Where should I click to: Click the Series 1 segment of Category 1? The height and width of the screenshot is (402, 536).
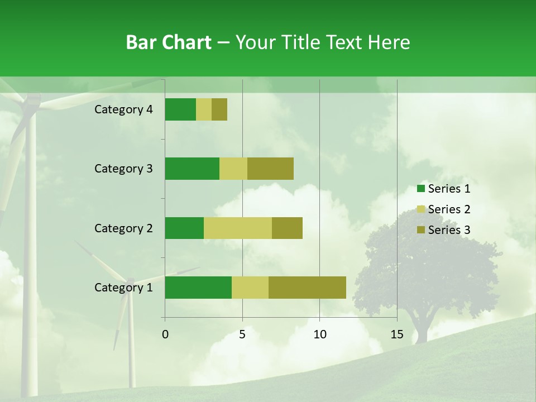point(198,288)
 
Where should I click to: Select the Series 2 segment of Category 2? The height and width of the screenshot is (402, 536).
point(238,228)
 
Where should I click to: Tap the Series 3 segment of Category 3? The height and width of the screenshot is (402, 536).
point(270,169)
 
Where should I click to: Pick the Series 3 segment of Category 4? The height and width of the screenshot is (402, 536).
point(219,109)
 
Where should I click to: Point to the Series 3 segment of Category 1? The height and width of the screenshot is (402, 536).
point(307,288)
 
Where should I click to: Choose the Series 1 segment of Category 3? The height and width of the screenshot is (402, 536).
point(192,169)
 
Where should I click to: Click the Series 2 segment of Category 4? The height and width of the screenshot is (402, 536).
point(204,109)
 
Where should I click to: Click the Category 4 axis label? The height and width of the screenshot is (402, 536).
point(123,109)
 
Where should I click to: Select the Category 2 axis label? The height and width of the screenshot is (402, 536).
point(123,228)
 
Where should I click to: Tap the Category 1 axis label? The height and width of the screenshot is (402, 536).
point(123,288)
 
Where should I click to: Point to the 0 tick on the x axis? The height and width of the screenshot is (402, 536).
point(165,334)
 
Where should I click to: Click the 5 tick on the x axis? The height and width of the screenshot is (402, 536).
point(242,334)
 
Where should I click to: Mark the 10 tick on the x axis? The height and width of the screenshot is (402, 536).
point(319,334)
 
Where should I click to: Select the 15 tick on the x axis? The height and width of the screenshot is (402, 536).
point(397,334)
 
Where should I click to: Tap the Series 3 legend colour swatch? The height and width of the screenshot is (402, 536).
point(421,230)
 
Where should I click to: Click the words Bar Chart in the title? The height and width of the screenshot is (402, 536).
point(168,42)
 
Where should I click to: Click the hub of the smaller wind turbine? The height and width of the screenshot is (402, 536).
point(130,281)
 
